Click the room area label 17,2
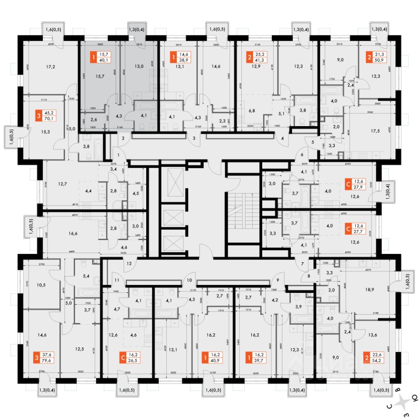[x=51, y=67]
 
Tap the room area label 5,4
[x=86, y=276]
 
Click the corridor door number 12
[x=129, y=263]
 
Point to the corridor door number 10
[x=190, y=280]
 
